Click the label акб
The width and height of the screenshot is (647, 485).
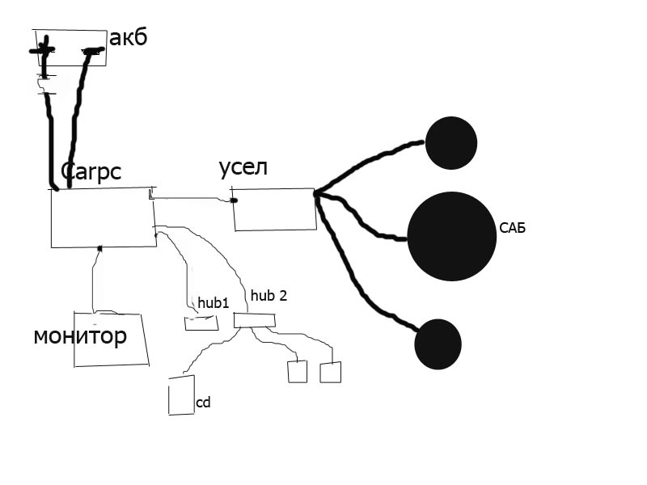pyautogui.click(x=129, y=37)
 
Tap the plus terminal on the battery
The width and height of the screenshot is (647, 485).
pyautogui.click(x=43, y=51)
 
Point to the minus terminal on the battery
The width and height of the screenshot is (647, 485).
pyautogui.click(x=93, y=52)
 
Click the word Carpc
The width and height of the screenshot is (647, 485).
pyautogui.click(x=91, y=171)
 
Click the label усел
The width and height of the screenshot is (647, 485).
pyautogui.click(x=243, y=168)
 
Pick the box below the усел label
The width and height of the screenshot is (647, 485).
pyautogui.click(x=273, y=209)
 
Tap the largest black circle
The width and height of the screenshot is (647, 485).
pyautogui.click(x=451, y=236)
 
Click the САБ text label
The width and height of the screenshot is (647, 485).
pyautogui.click(x=513, y=229)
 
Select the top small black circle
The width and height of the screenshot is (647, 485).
pyautogui.click(x=450, y=143)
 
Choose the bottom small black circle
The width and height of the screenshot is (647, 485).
pyautogui.click(x=438, y=344)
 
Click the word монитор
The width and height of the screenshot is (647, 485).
pyautogui.click(x=80, y=336)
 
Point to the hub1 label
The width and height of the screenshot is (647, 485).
pyautogui.click(x=214, y=302)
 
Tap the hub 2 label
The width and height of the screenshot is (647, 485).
pyautogui.click(x=269, y=296)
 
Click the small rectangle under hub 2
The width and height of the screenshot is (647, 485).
pyautogui.click(x=254, y=320)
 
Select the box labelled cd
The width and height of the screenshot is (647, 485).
pyautogui.click(x=181, y=395)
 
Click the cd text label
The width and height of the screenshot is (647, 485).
pyautogui.click(x=203, y=402)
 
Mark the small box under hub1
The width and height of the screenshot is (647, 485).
pyautogui.click(x=201, y=323)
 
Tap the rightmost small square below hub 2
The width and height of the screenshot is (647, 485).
pyautogui.click(x=330, y=373)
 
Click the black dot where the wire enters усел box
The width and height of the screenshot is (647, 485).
pyautogui.click(x=234, y=200)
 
